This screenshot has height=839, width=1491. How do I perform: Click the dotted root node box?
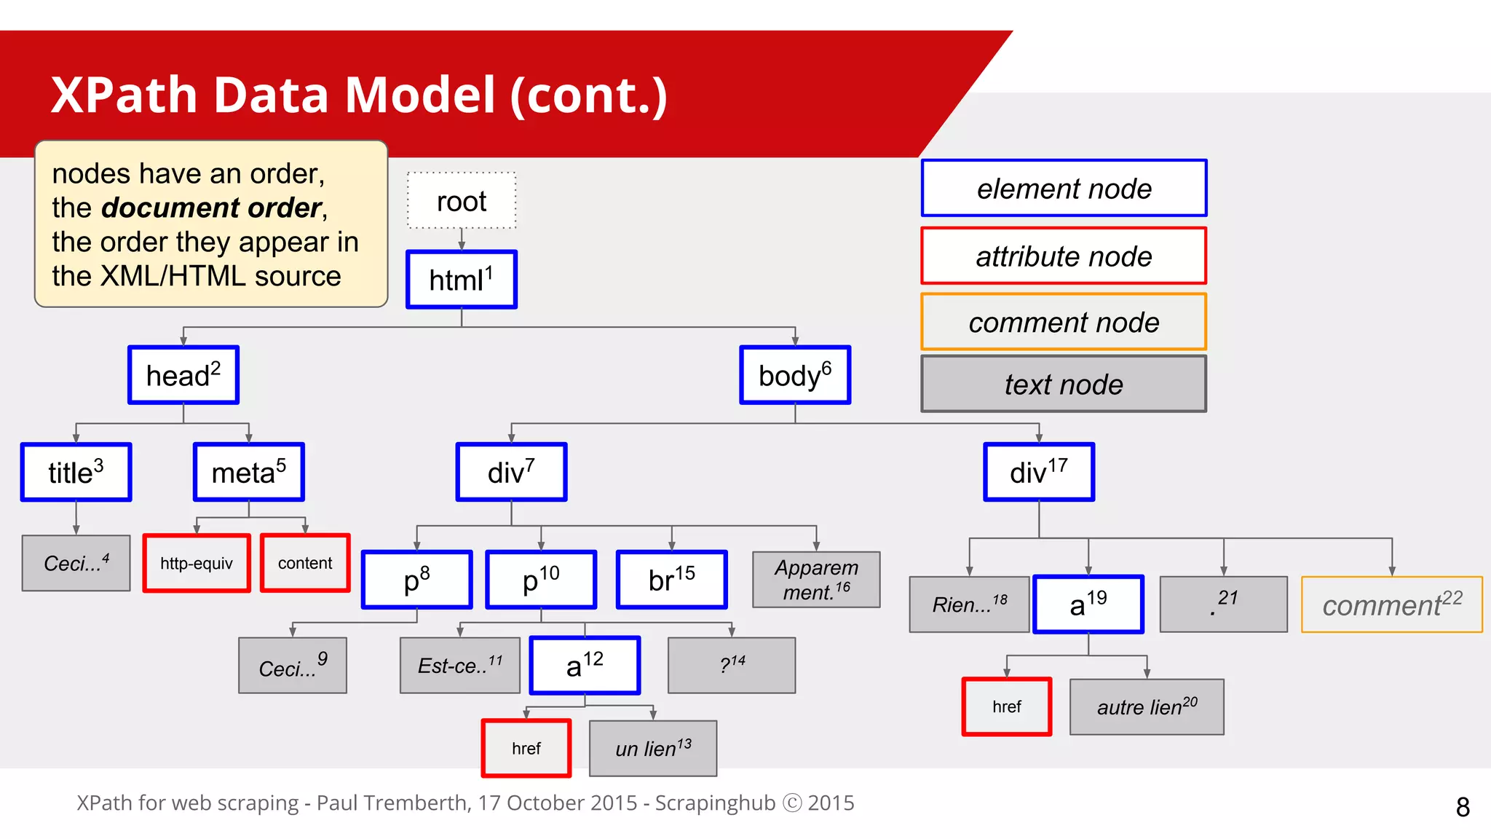click(462, 201)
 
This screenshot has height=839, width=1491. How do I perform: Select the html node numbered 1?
click(462, 280)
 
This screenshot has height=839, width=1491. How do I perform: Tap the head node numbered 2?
click(183, 375)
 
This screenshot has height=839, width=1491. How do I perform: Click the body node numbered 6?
click(795, 375)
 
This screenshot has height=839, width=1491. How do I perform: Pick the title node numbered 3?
click(76, 472)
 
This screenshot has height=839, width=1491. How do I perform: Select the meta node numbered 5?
click(249, 472)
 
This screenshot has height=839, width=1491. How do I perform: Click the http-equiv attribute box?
click(197, 563)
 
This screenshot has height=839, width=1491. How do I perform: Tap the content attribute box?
click(305, 563)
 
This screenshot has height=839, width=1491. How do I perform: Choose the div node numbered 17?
click(1039, 472)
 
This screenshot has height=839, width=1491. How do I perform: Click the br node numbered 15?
click(671, 580)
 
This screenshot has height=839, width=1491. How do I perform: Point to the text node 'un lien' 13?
click(653, 748)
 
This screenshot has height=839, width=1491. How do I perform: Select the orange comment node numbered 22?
click(1391, 604)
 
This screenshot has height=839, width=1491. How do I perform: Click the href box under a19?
click(1007, 706)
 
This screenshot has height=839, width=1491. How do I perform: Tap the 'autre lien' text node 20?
click(1147, 706)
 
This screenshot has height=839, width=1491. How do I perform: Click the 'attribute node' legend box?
click(1064, 256)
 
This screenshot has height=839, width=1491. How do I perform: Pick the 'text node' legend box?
click(1064, 384)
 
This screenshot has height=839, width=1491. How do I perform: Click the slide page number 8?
click(1463, 807)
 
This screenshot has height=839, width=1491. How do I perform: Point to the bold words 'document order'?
click(211, 208)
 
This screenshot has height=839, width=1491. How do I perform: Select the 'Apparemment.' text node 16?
click(816, 580)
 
